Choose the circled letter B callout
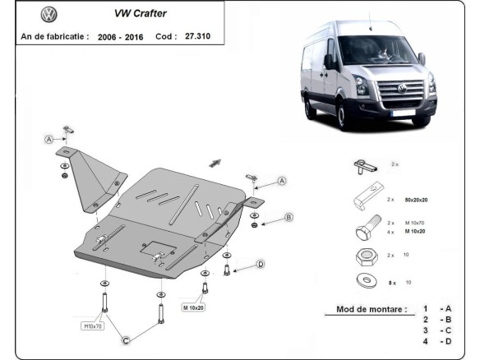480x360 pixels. [x=288, y=217]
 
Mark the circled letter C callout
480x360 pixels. [x=126, y=339]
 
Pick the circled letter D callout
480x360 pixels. [x=260, y=264]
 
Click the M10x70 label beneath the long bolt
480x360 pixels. [x=93, y=325]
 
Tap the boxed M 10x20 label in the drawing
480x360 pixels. [x=194, y=307]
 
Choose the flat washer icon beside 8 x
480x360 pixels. [x=364, y=282]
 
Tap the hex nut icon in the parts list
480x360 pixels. [x=364, y=256]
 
